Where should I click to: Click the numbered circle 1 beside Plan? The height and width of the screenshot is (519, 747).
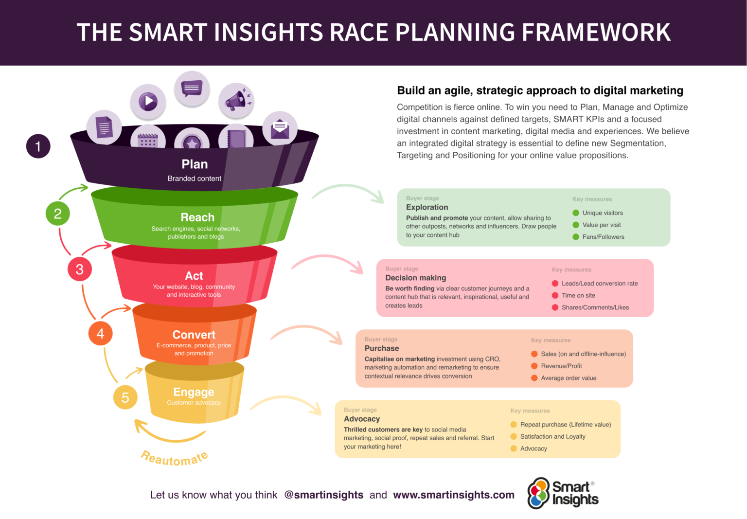click(x=38, y=146)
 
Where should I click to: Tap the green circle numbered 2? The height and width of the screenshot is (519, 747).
click(x=57, y=214)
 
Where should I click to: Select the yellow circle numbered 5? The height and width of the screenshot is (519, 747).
click(x=125, y=397)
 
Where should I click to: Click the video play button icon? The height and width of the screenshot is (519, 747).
click(x=148, y=102)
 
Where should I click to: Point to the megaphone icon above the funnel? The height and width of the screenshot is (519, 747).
click(x=236, y=100)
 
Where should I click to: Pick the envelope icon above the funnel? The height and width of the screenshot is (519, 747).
click(x=280, y=128)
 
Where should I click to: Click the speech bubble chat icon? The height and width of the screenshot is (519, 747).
click(x=192, y=89)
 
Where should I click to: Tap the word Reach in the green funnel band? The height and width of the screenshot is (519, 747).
click(x=197, y=217)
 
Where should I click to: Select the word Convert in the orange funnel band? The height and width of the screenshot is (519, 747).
click(x=194, y=335)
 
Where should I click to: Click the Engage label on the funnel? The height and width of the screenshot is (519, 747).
click(x=194, y=392)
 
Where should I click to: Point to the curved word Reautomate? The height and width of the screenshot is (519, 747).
click(x=174, y=458)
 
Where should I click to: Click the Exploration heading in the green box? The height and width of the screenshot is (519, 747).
click(x=427, y=207)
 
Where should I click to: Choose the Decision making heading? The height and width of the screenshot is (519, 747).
click(x=415, y=278)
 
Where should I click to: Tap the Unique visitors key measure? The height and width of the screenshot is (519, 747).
click(x=602, y=213)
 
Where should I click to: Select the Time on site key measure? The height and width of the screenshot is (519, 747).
click(x=578, y=295)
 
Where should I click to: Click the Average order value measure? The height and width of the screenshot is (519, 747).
click(x=569, y=378)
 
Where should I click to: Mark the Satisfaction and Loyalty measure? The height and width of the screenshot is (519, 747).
click(x=552, y=437)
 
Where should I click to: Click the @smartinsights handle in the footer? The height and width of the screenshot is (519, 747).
click(x=323, y=495)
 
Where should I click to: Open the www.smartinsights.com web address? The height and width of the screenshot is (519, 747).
click(x=453, y=495)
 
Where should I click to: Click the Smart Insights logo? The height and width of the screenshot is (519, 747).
click(x=563, y=493)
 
